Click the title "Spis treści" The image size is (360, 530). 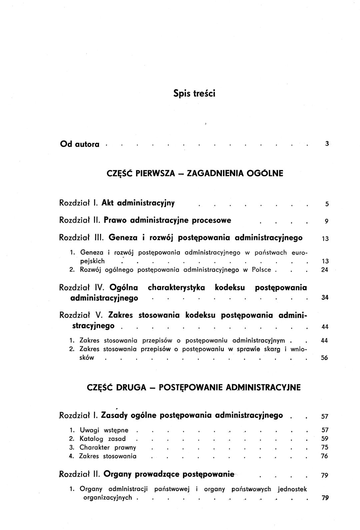pos(194,93)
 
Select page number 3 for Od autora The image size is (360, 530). pos(327,144)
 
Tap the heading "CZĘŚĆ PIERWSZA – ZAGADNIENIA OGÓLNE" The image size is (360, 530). pos(195,173)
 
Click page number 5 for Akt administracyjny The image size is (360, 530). pos(327,204)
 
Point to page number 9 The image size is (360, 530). pos(327,221)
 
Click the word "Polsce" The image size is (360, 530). pos(262,270)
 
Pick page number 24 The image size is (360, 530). pos(325,270)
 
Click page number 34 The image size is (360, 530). pos(325,298)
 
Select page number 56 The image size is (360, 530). pos(325,358)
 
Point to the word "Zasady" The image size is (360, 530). pos(115,415)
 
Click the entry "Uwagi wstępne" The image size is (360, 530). pos(104,430)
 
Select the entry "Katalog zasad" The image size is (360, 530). pos(102,439)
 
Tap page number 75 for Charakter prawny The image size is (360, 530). pos(325,447)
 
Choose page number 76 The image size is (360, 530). pos(325,456)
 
